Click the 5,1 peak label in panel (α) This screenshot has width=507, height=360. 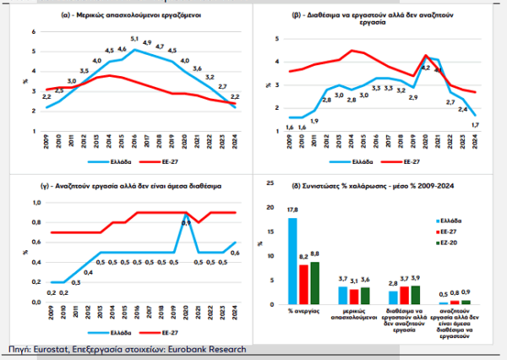point(134,39)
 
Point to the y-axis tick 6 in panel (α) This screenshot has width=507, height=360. point(34,31)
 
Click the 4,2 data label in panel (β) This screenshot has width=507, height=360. point(425,68)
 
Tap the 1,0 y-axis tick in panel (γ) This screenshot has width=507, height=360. point(33,203)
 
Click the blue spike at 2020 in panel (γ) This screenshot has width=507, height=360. point(186,217)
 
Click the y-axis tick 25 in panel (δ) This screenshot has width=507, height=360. point(270,183)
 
